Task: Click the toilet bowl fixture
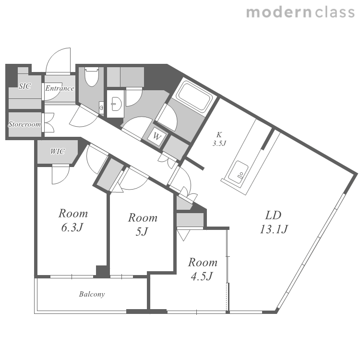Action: tap(92, 76)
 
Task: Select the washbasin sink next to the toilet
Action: tap(117, 104)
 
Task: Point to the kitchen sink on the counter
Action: tap(238, 172)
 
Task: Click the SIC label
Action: tap(25, 86)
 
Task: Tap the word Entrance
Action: tap(60, 88)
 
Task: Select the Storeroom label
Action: tap(24, 124)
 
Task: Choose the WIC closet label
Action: tap(58, 151)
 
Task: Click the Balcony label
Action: tap(92, 294)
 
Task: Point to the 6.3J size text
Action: tap(72, 228)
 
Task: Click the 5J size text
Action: tap(142, 231)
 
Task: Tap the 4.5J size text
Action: tap(202, 276)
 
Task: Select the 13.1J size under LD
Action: tap(274, 229)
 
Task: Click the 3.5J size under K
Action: tap(219, 144)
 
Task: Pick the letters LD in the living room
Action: tap(274, 215)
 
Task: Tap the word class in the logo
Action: tap(335, 12)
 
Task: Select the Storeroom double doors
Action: tap(49, 123)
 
